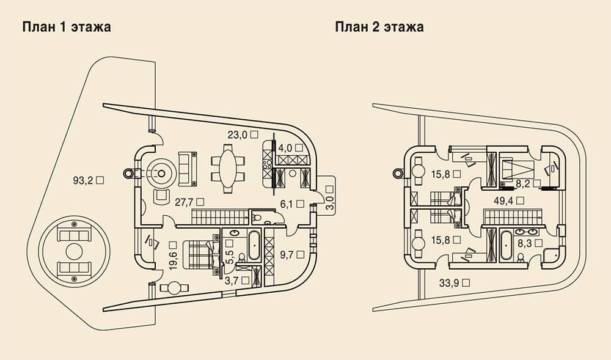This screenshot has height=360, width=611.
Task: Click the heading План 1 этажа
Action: click(67, 27)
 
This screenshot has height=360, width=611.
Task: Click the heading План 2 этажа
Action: click(379, 27)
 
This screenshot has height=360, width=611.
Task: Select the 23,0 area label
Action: click(243, 135)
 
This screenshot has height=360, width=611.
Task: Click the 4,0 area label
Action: click(291, 148)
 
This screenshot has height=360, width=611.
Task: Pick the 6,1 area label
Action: click(292, 204)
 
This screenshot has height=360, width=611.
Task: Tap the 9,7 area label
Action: click(292, 255)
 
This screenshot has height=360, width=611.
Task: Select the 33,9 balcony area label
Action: click(454, 283)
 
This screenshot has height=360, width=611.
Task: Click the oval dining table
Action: click(229, 168)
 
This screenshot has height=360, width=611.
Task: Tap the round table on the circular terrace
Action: click(74, 251)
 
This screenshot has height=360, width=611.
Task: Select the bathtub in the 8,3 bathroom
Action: click(507, 246)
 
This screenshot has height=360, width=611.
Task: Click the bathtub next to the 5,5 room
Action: click(255, 246)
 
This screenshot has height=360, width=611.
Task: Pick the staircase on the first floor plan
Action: click(220, 216)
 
